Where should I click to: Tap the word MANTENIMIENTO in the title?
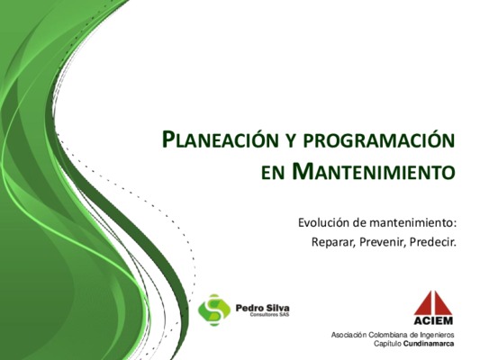(x=373, y=172)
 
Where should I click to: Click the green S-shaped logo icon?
(x=214, y=310)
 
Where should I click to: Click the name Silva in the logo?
(x=276, y=308)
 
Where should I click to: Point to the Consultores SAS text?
(x=269, y=315)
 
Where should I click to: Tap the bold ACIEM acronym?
(x=433, y=320)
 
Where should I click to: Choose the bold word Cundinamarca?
(x=429, y=344)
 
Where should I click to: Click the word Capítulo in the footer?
(x=387, y=344)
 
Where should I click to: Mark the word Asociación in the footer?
(x=349, y=335)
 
